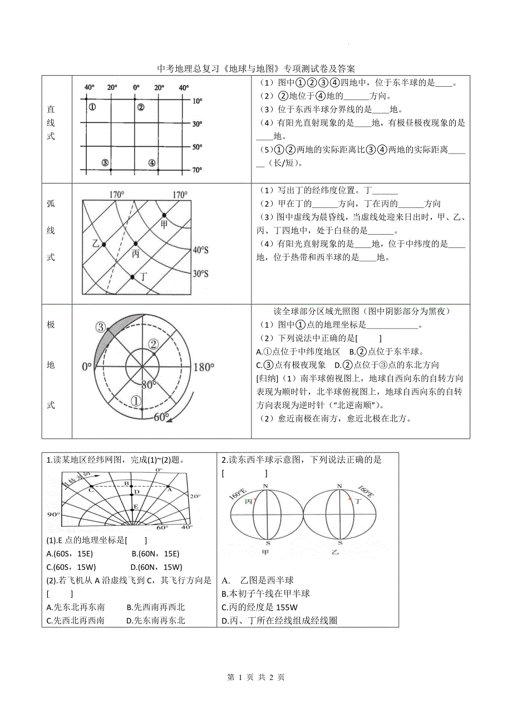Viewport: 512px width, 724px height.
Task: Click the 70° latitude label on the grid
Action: pos(197,170)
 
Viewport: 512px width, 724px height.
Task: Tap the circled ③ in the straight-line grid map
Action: pos(105,162)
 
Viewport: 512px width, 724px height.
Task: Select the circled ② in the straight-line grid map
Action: pos(141,107)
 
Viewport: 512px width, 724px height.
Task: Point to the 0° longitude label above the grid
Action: pos(136,87)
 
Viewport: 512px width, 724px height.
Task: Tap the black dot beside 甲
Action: pos(164,215)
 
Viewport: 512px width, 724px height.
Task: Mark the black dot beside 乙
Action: pos(104,244)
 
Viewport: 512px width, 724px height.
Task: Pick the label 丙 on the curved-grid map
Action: pos(135,254)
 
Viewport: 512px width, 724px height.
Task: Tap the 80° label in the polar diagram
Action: pos(147,384)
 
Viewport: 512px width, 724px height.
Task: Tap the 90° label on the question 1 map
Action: pos(53,514)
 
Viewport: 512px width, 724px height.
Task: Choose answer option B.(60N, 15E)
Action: pos(155,553)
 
